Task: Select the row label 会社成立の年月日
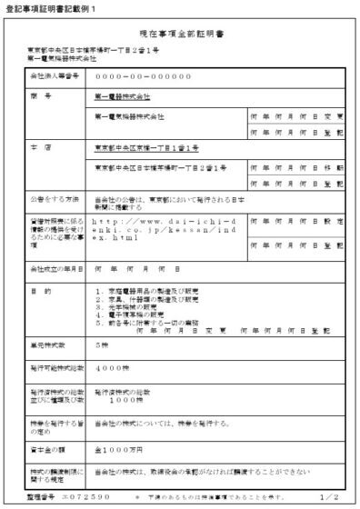point(56,270)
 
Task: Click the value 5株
point(102,345)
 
